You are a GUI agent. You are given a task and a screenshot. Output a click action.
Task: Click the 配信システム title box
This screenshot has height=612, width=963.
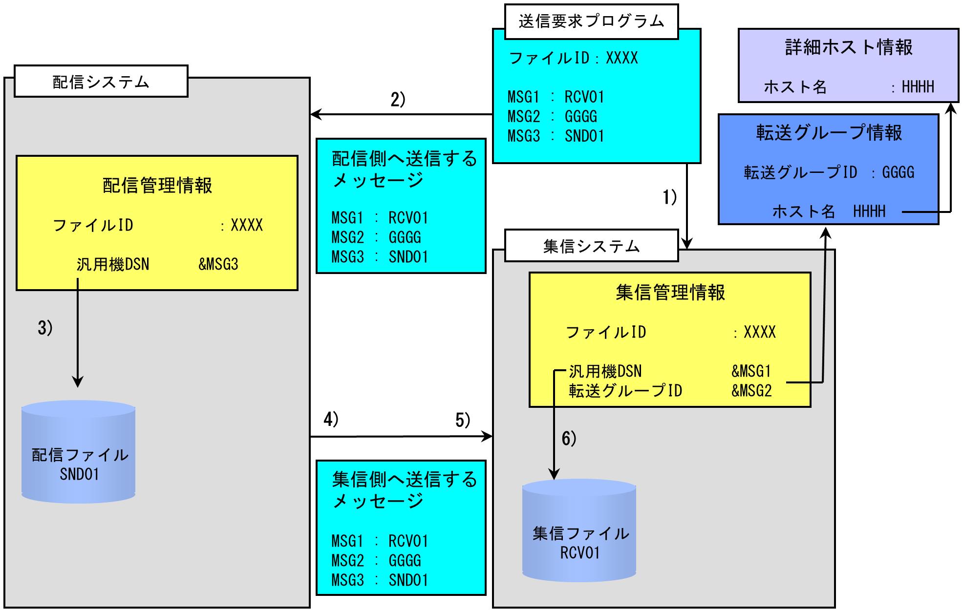coord(101,82)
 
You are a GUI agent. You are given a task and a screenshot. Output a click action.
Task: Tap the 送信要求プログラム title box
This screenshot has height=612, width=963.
coord(591,21)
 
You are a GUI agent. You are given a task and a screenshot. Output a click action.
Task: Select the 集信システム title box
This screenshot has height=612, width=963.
coord(591,246)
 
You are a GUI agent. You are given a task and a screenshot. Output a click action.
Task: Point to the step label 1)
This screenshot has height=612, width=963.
coord(669,197)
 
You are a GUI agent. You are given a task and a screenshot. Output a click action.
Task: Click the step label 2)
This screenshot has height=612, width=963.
coord(398,100)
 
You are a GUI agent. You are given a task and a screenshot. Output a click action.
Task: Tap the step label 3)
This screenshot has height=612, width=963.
coord(45,328)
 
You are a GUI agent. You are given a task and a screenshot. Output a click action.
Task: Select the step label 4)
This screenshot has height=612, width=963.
coord(331,420)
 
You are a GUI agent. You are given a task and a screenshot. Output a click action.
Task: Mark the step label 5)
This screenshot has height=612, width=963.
coord(462,420)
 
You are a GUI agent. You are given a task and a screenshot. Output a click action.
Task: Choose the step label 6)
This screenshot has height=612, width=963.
coord(569,439)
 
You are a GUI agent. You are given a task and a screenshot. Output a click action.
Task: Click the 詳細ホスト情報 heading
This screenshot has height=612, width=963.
coord(849,47)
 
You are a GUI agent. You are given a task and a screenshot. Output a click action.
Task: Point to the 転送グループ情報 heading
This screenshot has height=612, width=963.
coord(829,133)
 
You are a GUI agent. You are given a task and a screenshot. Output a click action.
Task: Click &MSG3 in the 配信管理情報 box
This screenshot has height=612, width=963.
coord(218,264)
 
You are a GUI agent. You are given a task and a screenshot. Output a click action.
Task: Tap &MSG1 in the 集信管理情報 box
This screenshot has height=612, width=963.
coord(751,371)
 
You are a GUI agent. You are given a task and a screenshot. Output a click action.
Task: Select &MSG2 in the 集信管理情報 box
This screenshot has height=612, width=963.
coord(751,391)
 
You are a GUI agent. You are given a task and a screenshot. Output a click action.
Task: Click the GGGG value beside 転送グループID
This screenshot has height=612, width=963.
coord(898,172)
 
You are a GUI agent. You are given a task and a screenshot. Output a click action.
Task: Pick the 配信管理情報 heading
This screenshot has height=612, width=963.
coord(157,186)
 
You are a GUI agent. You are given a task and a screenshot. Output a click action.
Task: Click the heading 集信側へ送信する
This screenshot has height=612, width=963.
coord(404,480)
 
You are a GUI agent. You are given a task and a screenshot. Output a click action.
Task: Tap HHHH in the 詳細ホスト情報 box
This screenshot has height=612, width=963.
coord(918,87)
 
